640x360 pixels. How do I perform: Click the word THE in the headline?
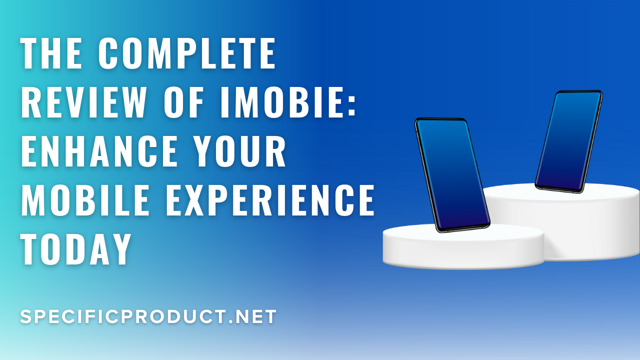pyautogui.click(x=51, y=53)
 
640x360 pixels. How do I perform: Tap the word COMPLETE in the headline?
pyautogui.click(x=187, y=53)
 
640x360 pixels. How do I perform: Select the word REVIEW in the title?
pyautogui.click(x=83, y=102)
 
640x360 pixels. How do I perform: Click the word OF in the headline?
pyautogui.click(x=183, y=102)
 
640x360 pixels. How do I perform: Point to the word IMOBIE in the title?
pyautogui.click(x=281, y=102)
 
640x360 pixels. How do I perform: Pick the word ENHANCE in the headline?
pyautogui.click(x=99, y=151)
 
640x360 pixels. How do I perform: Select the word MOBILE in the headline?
pyautogui.click(x=85, y=200)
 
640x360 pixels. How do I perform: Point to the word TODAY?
pyautogui.click(x=76, y=249)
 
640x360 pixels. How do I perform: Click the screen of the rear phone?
pyautogui.click(x=568, y=141)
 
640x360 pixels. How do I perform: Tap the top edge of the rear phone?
pyautogui.click(x=579, y=91)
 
